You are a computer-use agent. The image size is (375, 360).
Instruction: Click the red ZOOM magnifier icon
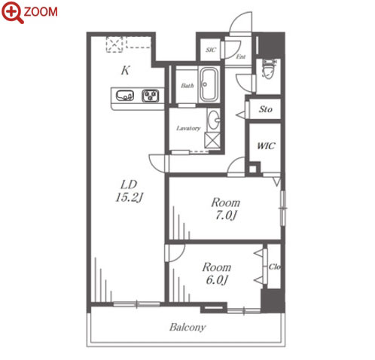(12, 12)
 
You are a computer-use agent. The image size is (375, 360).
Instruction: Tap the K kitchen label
(126, 71)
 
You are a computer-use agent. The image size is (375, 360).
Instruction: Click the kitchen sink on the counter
(125, 96)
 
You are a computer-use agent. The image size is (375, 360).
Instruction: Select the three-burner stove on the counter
(151, 96)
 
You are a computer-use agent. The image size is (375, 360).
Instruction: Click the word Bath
(187, 86)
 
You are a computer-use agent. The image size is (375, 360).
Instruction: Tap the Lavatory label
(188, 129)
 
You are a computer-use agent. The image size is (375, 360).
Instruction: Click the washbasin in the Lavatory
(214, 120)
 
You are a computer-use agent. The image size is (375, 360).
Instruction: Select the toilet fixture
(267, 69)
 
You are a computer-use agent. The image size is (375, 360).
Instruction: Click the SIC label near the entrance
(211, 50)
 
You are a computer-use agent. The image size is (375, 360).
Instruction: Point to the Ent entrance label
(241, 56)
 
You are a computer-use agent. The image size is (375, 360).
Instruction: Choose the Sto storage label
(266, 109)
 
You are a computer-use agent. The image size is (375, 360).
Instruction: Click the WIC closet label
(266, 146)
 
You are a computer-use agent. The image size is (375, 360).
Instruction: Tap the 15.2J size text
(130, 197)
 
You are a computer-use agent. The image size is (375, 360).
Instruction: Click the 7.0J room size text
(226, 215)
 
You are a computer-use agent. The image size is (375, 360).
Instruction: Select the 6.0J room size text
(217, 279)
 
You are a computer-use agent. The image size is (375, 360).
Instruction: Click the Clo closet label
(274, 267)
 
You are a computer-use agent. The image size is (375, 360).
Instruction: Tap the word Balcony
(187, 328)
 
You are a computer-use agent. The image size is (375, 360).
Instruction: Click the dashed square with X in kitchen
(114, 44)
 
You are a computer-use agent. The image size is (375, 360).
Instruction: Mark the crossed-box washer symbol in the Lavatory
(212, 141)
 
